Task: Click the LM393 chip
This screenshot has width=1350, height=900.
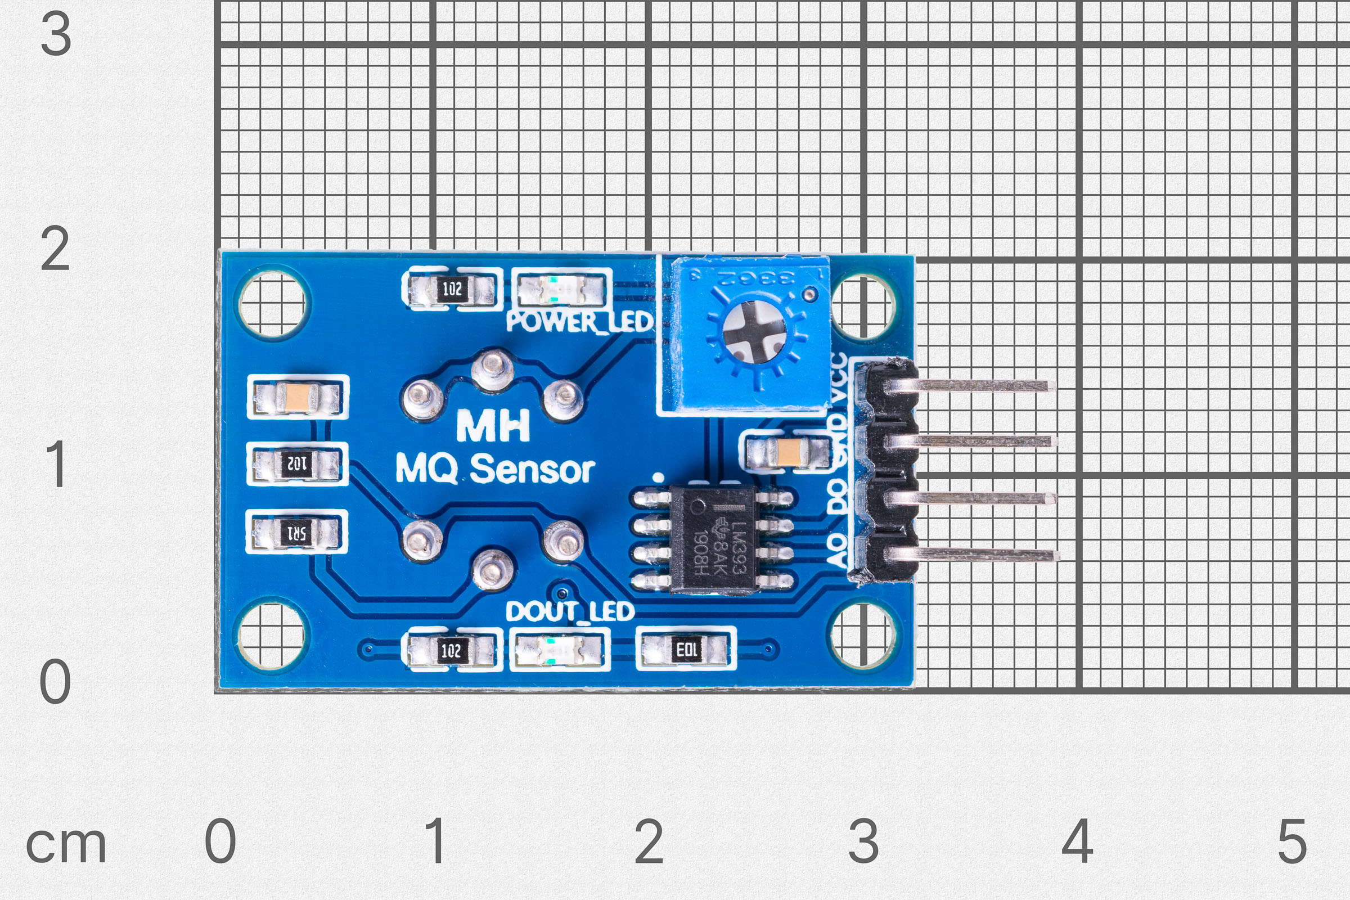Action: click(712, 540)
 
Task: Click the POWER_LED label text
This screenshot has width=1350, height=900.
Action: click(580, 322)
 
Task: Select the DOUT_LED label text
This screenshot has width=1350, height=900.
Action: click(570, 612)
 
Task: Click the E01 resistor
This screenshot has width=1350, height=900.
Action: click(686, 650)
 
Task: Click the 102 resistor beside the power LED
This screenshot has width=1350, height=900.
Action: click(452, 289)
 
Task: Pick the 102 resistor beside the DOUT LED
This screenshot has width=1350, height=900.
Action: click(451, 650)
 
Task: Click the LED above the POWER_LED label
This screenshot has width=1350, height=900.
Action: click(561, 289)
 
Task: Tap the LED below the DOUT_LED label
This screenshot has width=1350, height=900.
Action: click(559, 650)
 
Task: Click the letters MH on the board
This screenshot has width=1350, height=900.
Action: click(493, 426)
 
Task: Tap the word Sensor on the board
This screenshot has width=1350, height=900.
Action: click(532, 470)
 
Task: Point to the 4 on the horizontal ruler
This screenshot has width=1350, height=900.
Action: click(1077, 841)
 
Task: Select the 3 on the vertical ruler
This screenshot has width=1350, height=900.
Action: click(56, 34)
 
